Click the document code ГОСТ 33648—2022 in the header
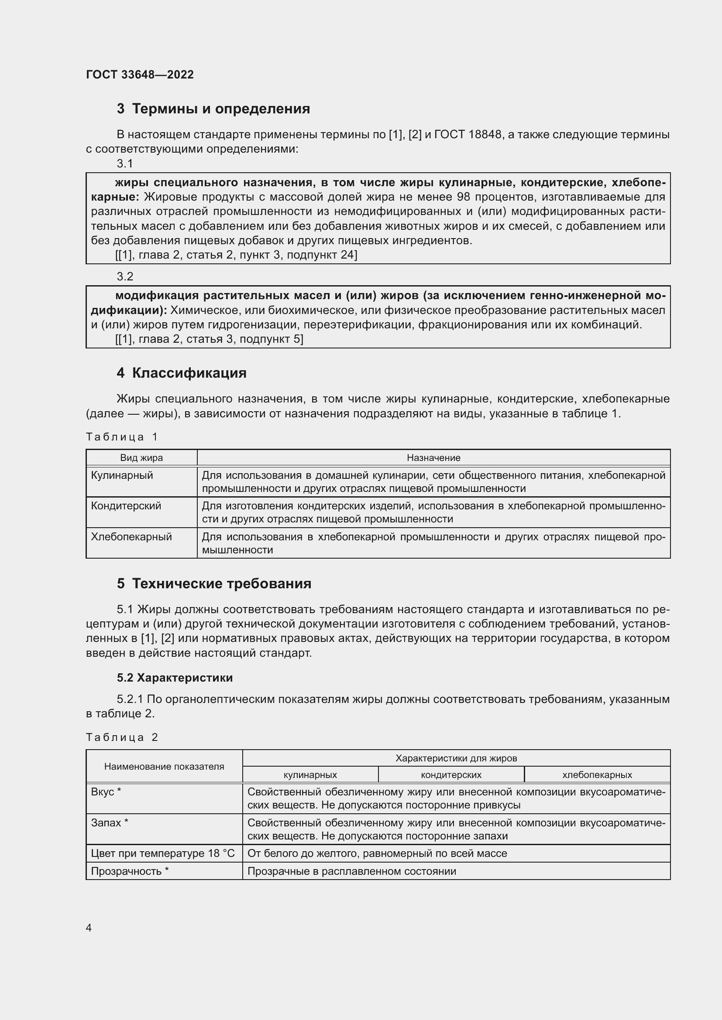pyautogui.click(x=140, y=75)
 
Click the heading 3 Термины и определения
pyautogui.click(x=213, y=109)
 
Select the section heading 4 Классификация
pyautogui.click(x=182, y=373)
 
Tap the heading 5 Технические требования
pyautogui.click(x=214, y=583)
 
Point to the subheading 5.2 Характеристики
pyautogui.click(x=175, y=678)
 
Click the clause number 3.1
pyautogui.click(x=125, y=164)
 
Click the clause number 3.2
pyautogui.click(x=125, y=277)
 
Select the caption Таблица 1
pyautogui.click(x=122, y=437)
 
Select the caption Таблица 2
pyautogui.click(x=122, y=737)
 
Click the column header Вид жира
pyautogui.click(x=141, y=457)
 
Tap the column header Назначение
pyautogui.click(x=433, y=457)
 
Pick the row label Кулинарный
pyautogui.click(x=122, y=475)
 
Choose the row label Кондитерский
pyautogui.click(x=126, y=506)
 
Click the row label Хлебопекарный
pyautogui.click(x=131, y=537)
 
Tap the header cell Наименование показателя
pyautogui.click(x=164, y=766)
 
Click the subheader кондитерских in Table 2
pyautogui.click(x=451, y=775)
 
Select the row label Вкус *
pyautogui.click(x=106, y=791)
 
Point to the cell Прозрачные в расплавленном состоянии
pyautogui.click(x=352, y=871)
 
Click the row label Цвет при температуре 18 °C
pyautogui.click(x=163, y=853)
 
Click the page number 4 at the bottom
pyautogui.click(x=89, y=928)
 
